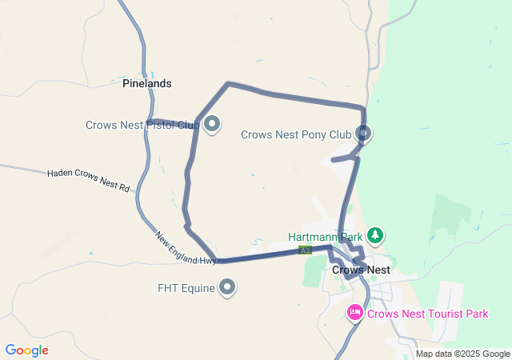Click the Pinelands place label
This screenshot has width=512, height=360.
146,83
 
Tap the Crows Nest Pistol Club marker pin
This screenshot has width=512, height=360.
212,125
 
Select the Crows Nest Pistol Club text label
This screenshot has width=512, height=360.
143,125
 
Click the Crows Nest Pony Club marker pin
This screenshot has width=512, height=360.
364,134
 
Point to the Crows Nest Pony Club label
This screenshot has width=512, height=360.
296,134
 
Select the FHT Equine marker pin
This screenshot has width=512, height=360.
227,286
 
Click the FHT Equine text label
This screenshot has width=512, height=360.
186,287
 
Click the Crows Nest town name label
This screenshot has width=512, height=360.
361,270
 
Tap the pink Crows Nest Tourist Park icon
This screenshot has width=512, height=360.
355,313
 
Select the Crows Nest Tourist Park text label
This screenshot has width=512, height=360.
427,314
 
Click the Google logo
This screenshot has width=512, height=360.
26,350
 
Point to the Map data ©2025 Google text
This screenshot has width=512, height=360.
462,354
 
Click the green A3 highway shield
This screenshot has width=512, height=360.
305,250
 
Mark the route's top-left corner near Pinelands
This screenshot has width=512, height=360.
228,83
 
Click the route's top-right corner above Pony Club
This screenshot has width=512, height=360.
363,107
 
